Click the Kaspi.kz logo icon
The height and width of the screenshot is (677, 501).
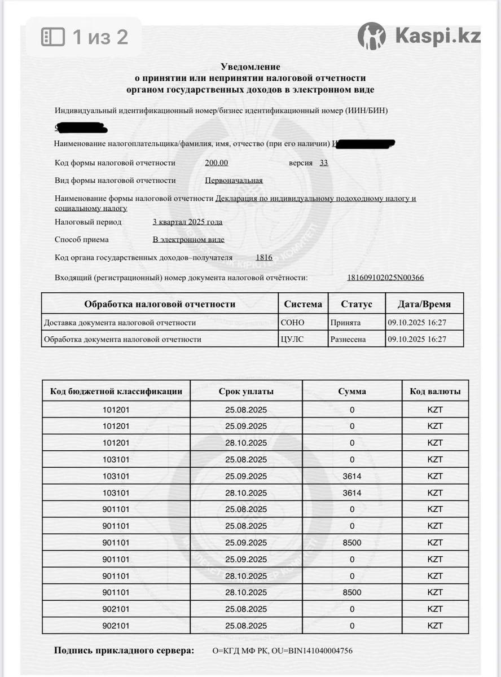372,36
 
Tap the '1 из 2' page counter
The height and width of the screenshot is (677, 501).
100,37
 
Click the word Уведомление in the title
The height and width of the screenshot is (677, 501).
250,67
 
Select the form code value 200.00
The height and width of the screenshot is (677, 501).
217,163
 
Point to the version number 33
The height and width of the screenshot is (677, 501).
324,163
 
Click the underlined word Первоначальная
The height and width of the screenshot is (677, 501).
234,181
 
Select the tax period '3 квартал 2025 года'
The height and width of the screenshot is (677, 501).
187,222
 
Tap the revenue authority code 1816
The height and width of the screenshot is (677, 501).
264,258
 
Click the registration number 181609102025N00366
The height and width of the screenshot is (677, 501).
385,278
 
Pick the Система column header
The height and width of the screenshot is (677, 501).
303,304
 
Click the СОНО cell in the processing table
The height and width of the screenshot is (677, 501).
292,323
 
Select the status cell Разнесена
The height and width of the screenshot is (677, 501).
348,339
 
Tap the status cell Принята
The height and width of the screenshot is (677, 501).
345,323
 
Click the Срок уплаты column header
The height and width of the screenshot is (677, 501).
246,391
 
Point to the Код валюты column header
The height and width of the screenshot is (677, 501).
435,391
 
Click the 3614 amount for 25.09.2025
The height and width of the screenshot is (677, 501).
352,476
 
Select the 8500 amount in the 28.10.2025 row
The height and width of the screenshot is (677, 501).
352,592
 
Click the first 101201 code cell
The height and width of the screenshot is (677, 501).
116,410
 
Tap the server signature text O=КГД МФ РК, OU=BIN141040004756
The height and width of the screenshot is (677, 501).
282,650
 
